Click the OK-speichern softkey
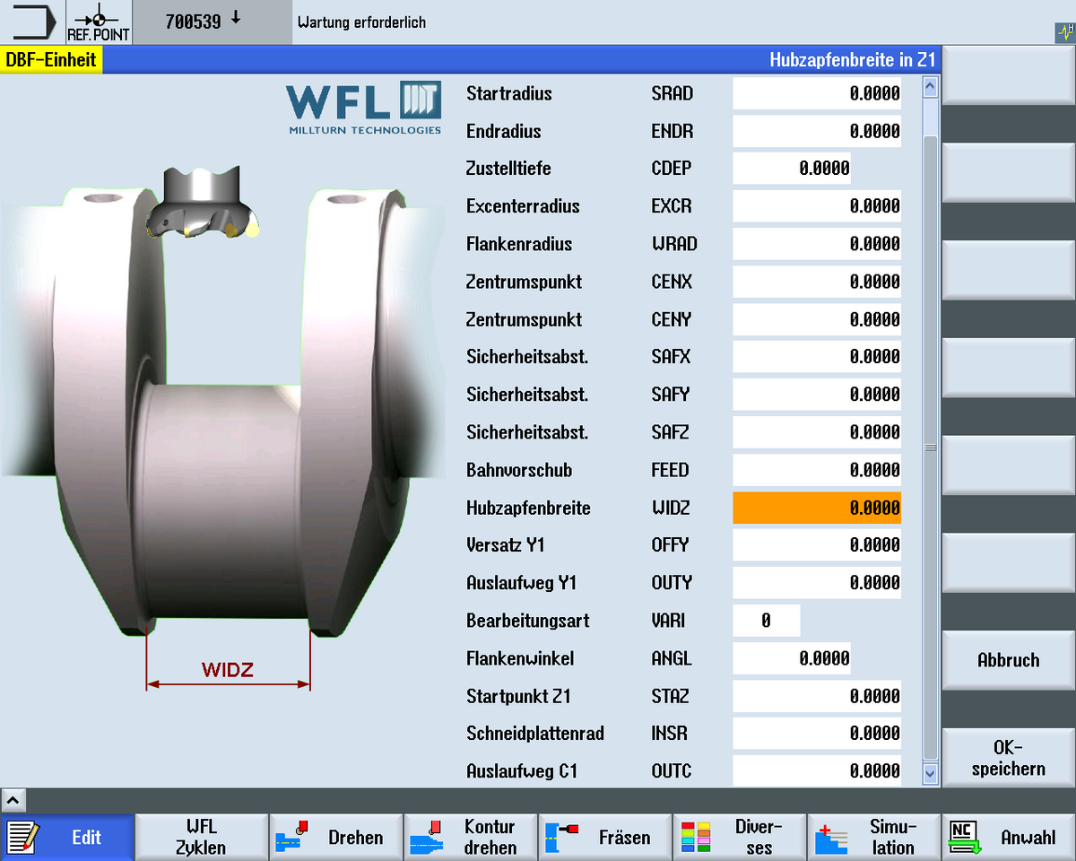(1008, 758)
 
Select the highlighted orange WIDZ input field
(816, 508)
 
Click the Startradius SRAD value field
(816, 93)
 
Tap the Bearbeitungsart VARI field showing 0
(766, 621)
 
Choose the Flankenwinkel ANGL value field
(791, 658)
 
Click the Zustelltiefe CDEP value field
(791, 169)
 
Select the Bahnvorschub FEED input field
(816, 470)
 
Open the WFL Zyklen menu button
(202, 837)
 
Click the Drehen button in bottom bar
(336, 837)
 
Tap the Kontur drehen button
(471, 837)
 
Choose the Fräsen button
(605, 837)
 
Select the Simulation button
(874, 837)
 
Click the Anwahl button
(1009, 837)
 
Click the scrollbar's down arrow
(930, 771)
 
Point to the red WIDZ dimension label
(228, 670)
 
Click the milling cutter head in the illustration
(202, 202)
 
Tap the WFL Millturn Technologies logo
(364, 108)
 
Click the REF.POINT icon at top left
(99, 22)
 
